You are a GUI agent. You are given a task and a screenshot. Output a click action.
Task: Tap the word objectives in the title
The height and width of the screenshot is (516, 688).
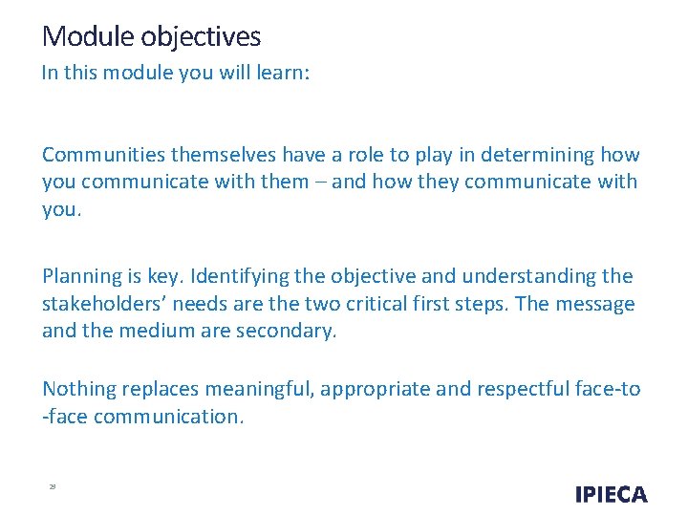coord(201,37)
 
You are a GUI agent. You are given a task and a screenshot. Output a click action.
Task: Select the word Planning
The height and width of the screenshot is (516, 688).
coord(79,276)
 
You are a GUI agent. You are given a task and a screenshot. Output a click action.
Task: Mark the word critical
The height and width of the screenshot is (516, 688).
coord(456,304)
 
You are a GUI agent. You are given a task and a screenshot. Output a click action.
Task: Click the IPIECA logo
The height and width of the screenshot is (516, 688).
coord(611,494)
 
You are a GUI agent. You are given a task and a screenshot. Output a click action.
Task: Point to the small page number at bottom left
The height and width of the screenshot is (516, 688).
coord(53,487)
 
